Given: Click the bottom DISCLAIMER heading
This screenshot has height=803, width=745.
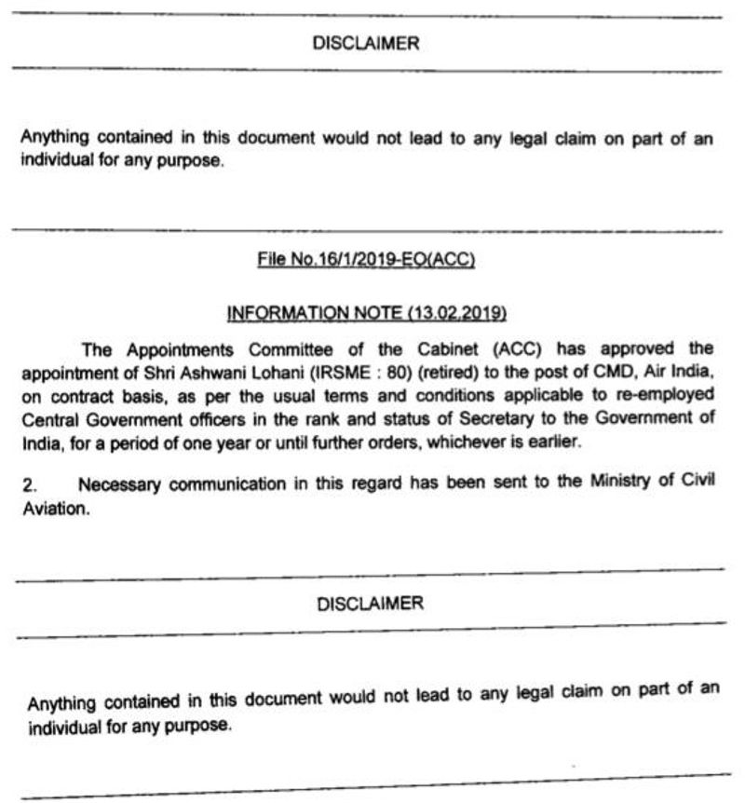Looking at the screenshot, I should click(x=371, y=604).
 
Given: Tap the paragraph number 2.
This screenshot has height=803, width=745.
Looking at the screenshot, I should click(x=28, y=485).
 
